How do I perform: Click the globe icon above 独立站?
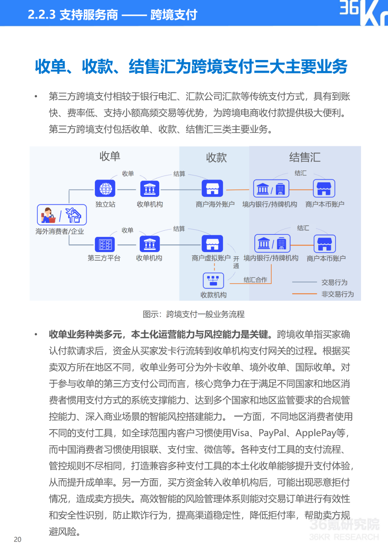click(x=105, y=188)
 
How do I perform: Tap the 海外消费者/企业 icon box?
click(x=62, y=215)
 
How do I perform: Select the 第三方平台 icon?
click(x=105, y=244)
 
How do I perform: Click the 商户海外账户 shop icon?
click(x=212, y=188)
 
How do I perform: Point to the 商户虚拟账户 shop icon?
click(x=212, y=244)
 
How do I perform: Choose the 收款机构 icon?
click(x=213, y=280)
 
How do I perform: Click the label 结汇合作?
click(x=255, y=280)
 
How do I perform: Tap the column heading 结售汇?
click(x=305, y=157)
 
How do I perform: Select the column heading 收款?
click(x=216, y=157)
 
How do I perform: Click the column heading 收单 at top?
click(x=110, y=156)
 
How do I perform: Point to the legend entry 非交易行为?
click(x=337, y=294)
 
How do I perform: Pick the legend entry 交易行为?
click(x=334, y=282)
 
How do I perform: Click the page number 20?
click(x=18, y=539)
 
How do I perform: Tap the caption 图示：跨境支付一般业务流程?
click(x=194, y=314)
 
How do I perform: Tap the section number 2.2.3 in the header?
click(x=42, y=15)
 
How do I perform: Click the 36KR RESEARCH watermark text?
click(x=344, y=537)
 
